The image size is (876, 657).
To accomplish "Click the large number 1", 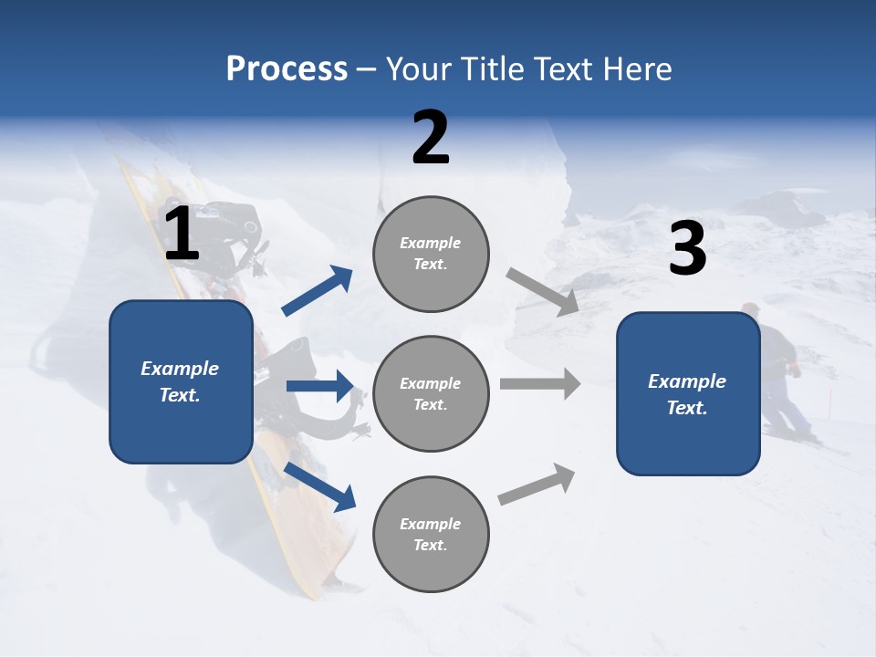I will coord(182,235).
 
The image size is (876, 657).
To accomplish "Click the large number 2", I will coord(431,138).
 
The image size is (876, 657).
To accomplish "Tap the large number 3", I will coord(687,248).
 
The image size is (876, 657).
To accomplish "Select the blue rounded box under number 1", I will coord(181,381).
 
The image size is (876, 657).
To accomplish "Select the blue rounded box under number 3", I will coord(688,394).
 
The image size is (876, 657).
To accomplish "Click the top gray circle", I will coord(431,254).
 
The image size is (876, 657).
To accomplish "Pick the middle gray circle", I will coord(431,394).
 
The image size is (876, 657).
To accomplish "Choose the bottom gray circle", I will coord(431,535).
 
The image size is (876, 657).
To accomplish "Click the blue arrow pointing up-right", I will coord(318,291).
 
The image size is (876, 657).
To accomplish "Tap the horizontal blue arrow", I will coord(319,386).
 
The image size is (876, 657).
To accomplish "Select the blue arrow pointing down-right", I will coord(320,486).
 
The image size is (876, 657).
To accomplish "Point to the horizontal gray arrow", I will coord(540,383).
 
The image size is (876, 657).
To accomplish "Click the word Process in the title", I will coord(287,68).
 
